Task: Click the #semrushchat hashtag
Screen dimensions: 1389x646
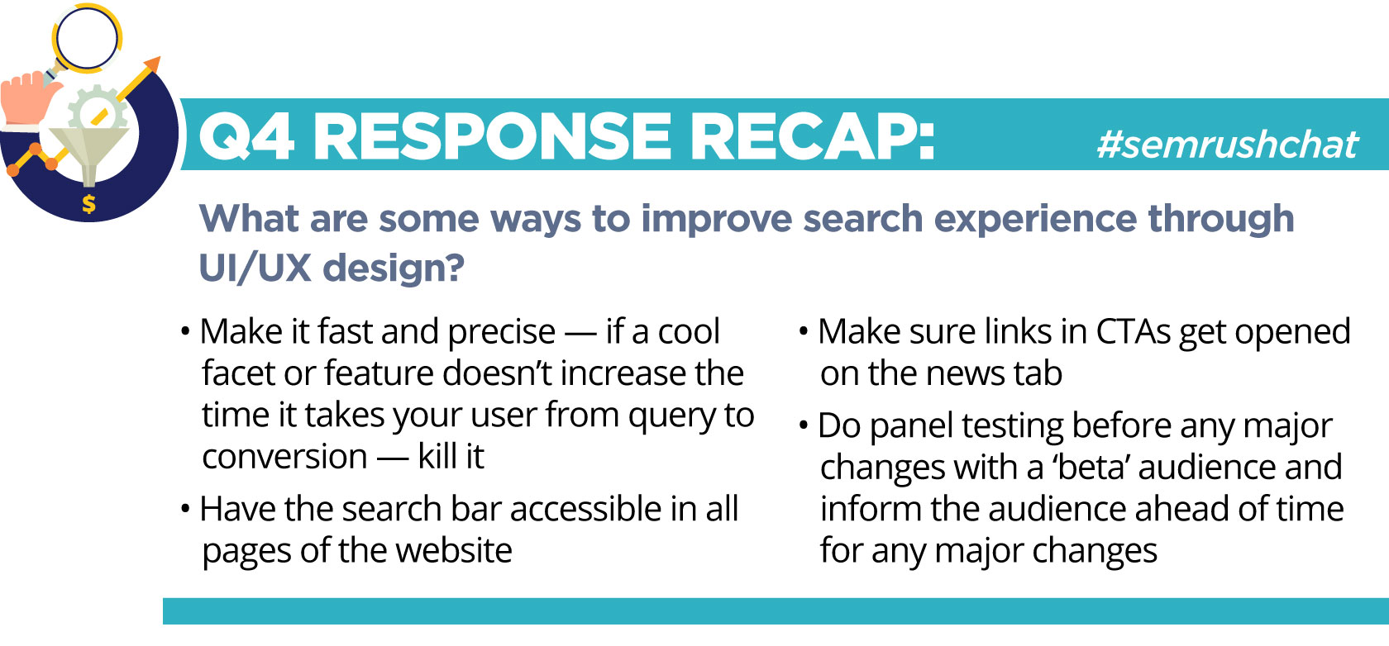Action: tap(1227, 145)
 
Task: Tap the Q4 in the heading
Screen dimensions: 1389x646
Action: tap(246, 136)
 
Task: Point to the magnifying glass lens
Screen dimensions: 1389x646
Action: tap(87, 38)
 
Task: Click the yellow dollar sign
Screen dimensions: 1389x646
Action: tap(89, 204)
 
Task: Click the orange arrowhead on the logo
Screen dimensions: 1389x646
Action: tap(152, 64)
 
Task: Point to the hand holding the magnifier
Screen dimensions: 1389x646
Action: tap(28, 99)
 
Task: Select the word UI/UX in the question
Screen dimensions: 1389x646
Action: tap(255, 268)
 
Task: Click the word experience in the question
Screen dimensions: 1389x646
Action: tap(1030, 219)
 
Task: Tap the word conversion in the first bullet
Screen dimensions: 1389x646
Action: tap(284, 457)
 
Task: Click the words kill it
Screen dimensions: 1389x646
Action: tap(451, 457)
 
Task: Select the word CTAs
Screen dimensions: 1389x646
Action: tap(1134, 332)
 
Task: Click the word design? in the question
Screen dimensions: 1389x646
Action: tap(394, 268)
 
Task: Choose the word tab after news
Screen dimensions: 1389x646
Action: tap(1038, 373)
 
